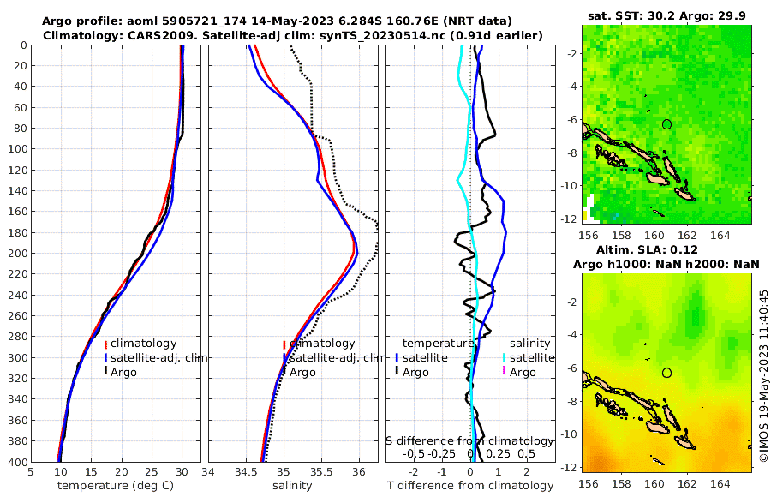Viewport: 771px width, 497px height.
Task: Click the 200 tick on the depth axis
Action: pos(16,254)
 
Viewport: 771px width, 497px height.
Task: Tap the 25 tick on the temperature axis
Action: pos(152,471)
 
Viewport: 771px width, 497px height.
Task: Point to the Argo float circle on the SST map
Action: pos(666,124)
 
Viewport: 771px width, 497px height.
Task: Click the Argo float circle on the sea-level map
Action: pos(666,372)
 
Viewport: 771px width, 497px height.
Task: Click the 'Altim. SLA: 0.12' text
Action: pos(668,248)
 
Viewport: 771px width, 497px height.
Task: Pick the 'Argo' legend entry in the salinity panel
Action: pos(303,372)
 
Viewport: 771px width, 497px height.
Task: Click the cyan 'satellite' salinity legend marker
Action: pos(505,358)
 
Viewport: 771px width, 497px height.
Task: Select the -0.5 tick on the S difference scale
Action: pos(414,454)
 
